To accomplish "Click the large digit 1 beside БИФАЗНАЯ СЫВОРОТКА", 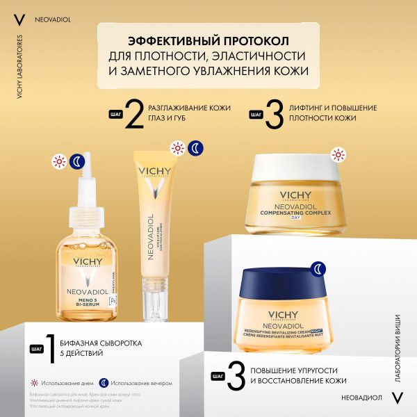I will (47, 349).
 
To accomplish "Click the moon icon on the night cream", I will (317, 268).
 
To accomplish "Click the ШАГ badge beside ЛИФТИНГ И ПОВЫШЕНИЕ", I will (255, 113).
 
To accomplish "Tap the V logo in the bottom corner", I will (398, 397).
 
